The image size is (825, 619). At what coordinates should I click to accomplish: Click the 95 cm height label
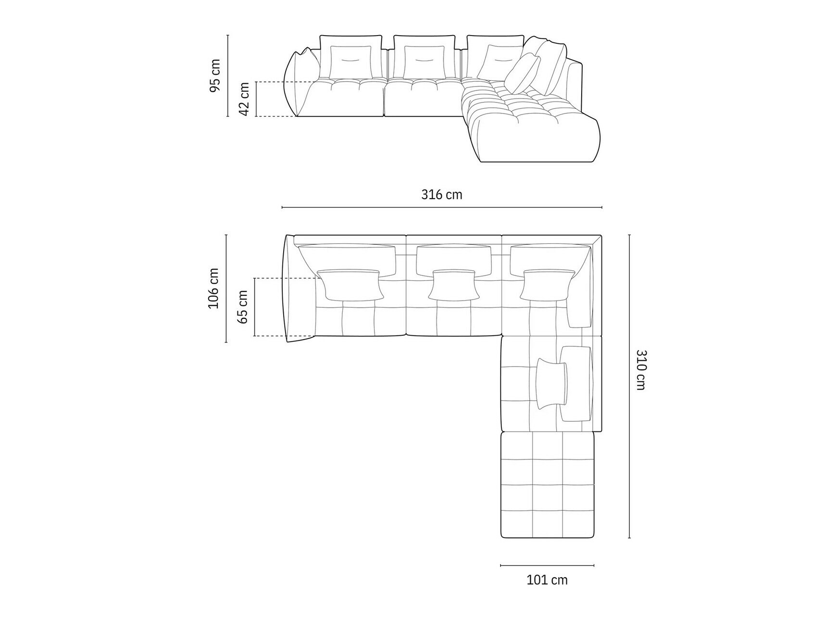(x=215, y=75)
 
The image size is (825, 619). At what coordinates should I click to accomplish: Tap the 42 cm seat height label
(x=244, y=99)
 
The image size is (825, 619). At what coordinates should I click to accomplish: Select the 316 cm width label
(x=441, y=194)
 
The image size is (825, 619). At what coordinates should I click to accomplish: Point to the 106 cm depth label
(x=213, y=289)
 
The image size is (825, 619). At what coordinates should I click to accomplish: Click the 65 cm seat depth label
(x=243, y=307)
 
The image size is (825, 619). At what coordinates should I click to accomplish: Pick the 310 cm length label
(x=641, y=369)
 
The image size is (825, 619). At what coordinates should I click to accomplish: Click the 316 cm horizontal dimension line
(x=441, y=207)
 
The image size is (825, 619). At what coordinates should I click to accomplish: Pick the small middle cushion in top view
(x=454, y=285)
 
